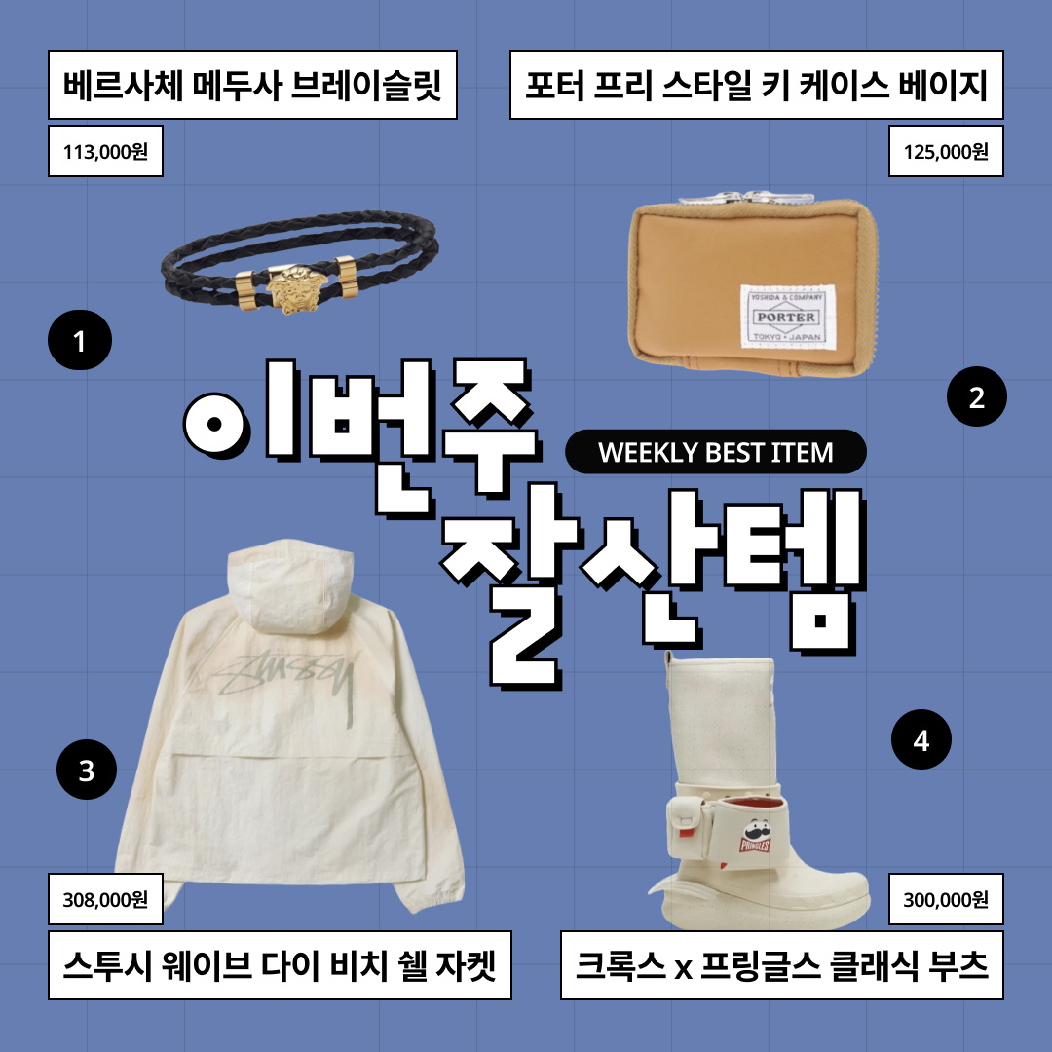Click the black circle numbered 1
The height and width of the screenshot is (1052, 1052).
pos(80,342)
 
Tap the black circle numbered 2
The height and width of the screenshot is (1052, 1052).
pos(977,396)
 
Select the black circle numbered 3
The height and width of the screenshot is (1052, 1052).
pos(87,770)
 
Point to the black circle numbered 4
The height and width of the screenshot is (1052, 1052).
pos(921,741)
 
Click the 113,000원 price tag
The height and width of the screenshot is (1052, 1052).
pos(105,152)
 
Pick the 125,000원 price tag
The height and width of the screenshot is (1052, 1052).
pos(946,152)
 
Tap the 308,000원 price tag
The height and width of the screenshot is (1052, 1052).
pos(105,899)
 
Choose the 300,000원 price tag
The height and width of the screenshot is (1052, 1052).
pos(946,899)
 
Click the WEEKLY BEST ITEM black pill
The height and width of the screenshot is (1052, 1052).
pos(716,452)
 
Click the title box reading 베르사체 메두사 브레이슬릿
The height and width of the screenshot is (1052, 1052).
pos(253,86)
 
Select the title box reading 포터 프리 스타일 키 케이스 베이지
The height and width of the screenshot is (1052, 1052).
pos(756,86)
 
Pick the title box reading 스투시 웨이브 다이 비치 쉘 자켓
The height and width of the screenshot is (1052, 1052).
pos(281,965)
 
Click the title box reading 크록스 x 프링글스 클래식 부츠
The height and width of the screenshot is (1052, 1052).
pos(781,965)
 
